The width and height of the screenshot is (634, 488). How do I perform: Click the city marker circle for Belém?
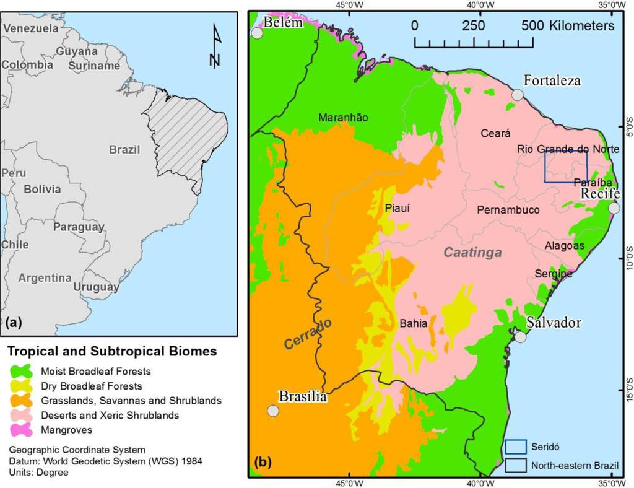pyautogui.click(x=257, y=33)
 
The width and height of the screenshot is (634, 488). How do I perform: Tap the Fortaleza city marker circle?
pyautogui.click(x=518, y=94)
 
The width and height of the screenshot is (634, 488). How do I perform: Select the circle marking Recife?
pyautogui.click(x=614, y=208)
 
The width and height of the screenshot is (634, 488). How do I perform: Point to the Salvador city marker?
pyautogui.click(x=520, y=337)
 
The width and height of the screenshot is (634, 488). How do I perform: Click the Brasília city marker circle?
pyautogui.click(x=273, y=411)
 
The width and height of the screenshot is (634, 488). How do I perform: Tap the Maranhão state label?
pyautogui.click(x=343, y=117)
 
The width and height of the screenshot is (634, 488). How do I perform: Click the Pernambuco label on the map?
pyautogui.click(x=508, y=210)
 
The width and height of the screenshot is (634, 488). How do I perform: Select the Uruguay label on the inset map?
pyautogui.click(x=96, y=287)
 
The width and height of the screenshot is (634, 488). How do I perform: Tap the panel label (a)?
pyautogui.click(x=13, y=321)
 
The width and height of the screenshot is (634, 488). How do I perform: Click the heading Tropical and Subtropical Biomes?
pyautogui.click(x=112, y=352)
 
